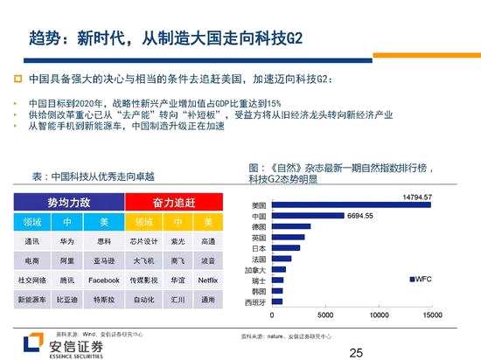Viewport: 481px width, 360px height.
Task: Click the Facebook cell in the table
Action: (103, 280)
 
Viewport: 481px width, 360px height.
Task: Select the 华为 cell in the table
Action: (66, 239)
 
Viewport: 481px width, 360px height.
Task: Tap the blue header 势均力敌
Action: (68, 200)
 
